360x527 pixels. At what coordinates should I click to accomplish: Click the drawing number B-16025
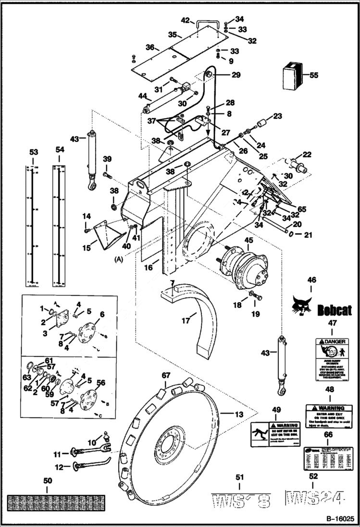click(x=337, y=519)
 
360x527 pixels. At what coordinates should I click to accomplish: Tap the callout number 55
click(x=313, y=75)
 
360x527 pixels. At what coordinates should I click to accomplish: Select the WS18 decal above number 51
click(x=241, y=500)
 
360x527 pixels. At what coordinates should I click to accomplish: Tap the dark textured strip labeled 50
click(x=47, y=502)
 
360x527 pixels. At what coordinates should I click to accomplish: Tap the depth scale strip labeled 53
click(x=33, y=224)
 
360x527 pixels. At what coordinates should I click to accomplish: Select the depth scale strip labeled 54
click(x=60, y=224)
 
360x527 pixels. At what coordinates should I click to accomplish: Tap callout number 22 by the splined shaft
click(x=307, y=154)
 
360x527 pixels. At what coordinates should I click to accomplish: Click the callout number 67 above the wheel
click(x=165, y=375)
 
